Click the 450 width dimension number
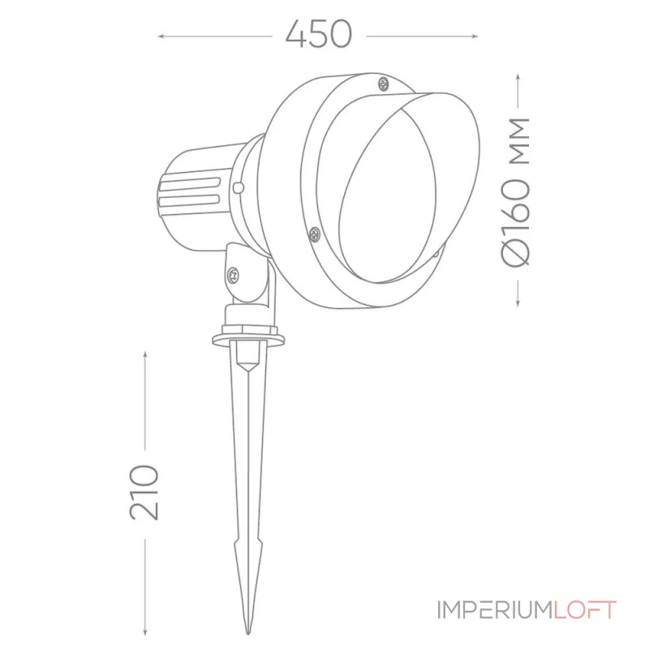pos(319,34)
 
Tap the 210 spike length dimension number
pos(144,492)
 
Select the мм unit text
pos(517,140)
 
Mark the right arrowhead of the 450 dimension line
pos(477,36)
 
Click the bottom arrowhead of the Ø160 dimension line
pos(518,305)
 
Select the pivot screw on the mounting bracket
pos(234,274)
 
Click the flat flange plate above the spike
pos(247,337)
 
